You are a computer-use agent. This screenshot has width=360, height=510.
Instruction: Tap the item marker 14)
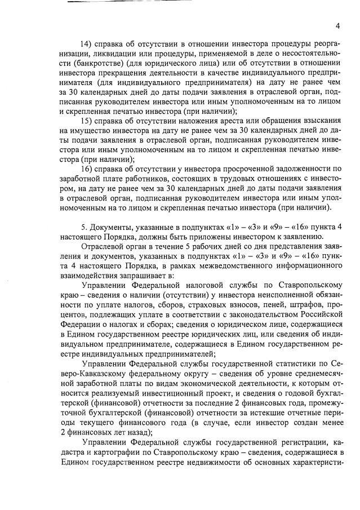point(88,45)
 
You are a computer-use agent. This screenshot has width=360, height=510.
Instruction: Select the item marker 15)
point(88,121)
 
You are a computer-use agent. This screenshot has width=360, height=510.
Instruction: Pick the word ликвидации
point(87,54)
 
